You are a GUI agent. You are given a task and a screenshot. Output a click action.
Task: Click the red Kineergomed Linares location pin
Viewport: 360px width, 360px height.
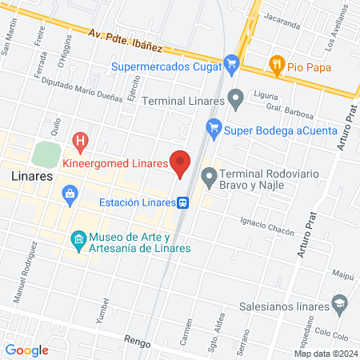180,162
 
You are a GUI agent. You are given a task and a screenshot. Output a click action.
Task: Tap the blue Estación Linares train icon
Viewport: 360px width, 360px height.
183,202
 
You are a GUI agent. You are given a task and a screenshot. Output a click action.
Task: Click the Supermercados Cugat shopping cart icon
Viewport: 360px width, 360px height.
232,63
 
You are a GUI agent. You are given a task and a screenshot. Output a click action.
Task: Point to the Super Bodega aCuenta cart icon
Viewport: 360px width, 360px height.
213,126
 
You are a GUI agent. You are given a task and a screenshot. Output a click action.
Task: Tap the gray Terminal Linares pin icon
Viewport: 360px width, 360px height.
235,99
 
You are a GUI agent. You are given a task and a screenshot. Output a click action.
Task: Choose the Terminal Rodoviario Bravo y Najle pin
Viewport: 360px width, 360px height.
209,176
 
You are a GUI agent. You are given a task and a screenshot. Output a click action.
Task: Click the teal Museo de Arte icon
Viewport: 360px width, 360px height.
78,239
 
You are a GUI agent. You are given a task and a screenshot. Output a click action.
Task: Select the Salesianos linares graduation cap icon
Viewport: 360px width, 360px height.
340,304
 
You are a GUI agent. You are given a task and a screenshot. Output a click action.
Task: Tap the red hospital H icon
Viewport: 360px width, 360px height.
80,142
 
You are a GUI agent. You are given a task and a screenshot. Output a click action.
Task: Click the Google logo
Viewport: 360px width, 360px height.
26,350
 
